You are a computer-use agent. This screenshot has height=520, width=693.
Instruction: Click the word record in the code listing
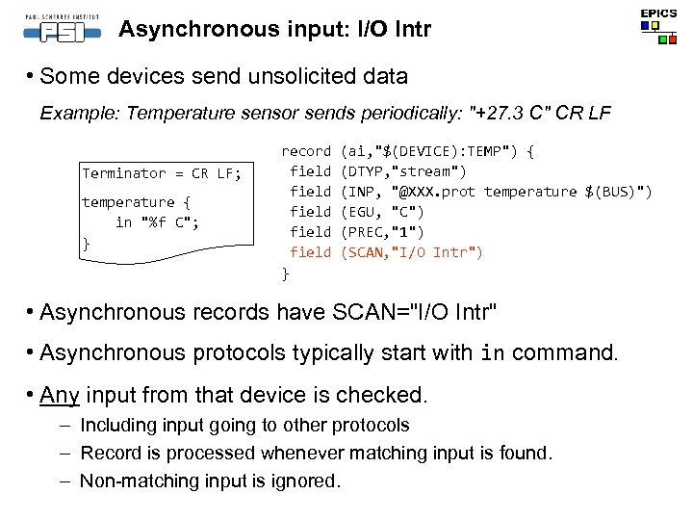pyautogui.click(x=305, y=151)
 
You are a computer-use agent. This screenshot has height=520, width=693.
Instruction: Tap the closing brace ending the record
pyautogui.click(x=285, y=273)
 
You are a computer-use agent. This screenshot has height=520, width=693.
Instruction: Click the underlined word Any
pyautogui.click(x=61, y=395)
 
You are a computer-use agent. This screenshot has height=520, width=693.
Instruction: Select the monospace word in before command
pyautogui.click(x=491, y=353)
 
